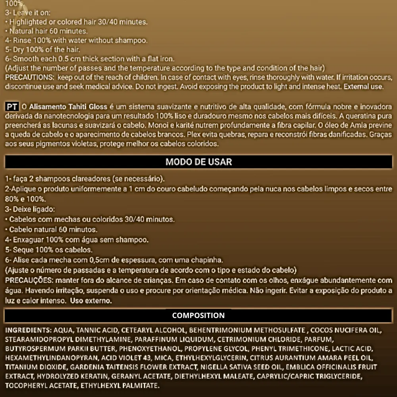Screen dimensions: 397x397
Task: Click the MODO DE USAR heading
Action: point(198,162)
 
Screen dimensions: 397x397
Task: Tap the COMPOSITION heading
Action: point(198,316)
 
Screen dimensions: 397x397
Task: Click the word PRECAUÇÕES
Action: point(30,281)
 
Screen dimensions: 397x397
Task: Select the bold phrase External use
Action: point(364,86)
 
